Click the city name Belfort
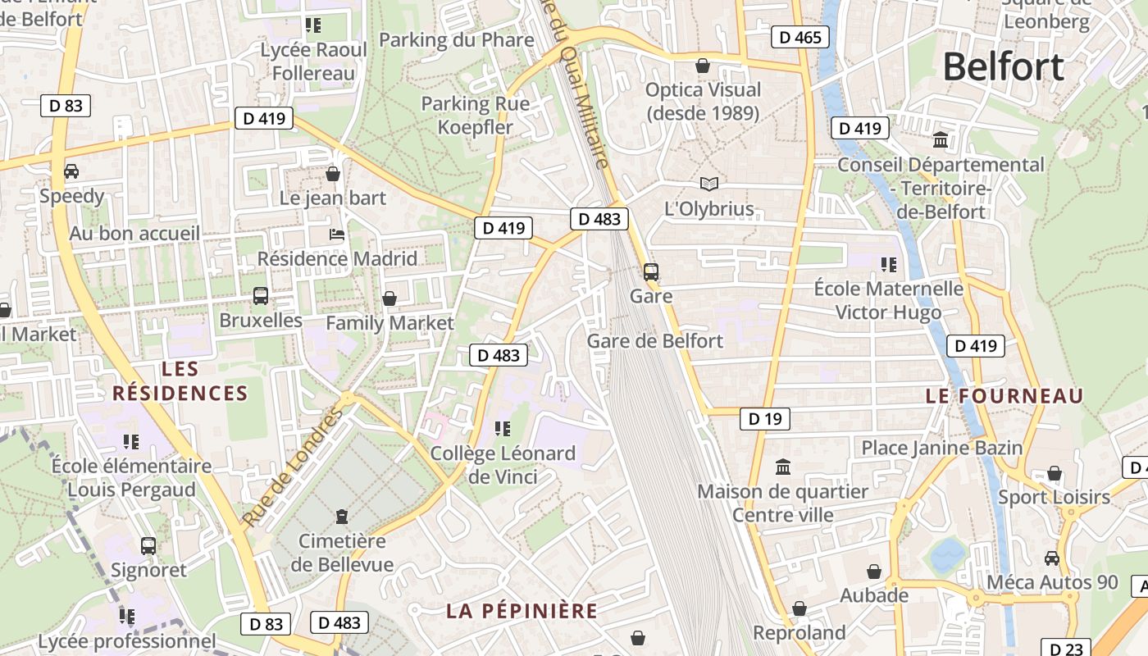pyautogui.click(x=1003, y=66)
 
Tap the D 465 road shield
pyautogui.click(x=800, y=37)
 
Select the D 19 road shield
pyautogui.click(x=764, y=419)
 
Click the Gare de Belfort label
pyautogui.click(x=655, y=340)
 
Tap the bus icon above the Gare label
pyautogui.click(x=651, y=271)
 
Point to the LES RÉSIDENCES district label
pyautogui.click(x=180, y=380)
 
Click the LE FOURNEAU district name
pyautogui.click(x=1004, y=396)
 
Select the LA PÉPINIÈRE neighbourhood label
pyautogui.click(x=522, y=611)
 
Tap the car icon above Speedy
pyautogui.click(x=71, y=171)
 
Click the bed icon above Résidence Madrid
pyautogui.click(x=336, y=235)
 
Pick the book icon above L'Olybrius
pyautogui.click(x=708, y=184)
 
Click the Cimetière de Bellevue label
pyautogui.click(x=343, y=553)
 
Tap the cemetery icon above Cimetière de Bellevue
pyautogui.click(x=342, y=516)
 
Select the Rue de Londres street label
pyautogui.click(x=293, y=467)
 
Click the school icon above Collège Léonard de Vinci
pyautogui.click(x=503, y=428)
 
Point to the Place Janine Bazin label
pyautogui.click(x=941, y=448)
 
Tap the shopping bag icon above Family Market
pyautogui.click(x=389, y=298)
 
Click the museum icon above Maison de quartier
pyautogui.click(x=783, y=467)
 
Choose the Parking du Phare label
pyautogui.click(x=456, y=40)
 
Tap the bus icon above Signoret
pyautogui.click(x=148, y=545)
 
